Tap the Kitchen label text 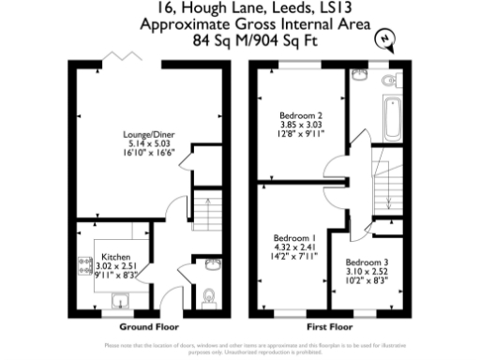click(115, 255)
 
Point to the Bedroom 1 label click(295, 238)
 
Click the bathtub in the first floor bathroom click(390, 116)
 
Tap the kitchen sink click(120, 299)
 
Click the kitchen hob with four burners click(82, 272)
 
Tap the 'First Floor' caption click(329, 327)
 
